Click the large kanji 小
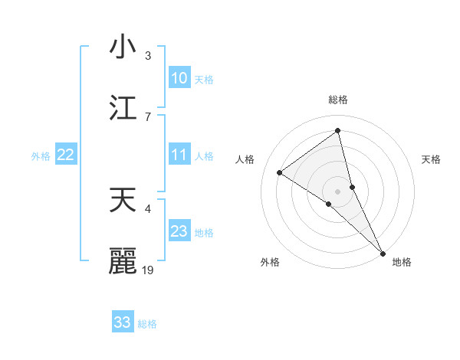[x=123, y=47]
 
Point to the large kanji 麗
[x=123, y=260]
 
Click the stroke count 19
[x=149, y=270]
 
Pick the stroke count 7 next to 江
[x=148, y=116]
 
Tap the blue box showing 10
[x=179, y=78]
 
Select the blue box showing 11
[x=179, y=155]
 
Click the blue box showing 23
[x=179, y=231]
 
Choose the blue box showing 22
[x=66, y=155]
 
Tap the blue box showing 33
[x=123, y=322]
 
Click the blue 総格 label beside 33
[x=147, y=324]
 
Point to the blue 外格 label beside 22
[x=41, y=155]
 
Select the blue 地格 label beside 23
[x=204, y=232]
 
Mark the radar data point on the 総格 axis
[x=337, y=131]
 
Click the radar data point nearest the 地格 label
[x=383, y=252]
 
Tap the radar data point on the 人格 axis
[x=280, y=172]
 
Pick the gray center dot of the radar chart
[x=337, y=191]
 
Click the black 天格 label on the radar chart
[x=432, y=159]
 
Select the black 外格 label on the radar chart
[x=270, y=262]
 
